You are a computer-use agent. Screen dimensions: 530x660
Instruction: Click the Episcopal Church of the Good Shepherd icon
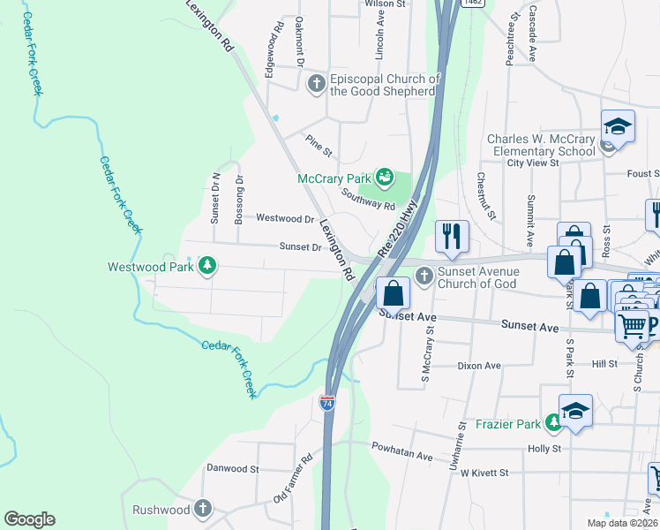click(316, 84)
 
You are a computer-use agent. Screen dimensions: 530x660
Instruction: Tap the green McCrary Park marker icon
click(385, 178)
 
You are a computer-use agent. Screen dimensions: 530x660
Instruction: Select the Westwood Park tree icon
click(207, 266)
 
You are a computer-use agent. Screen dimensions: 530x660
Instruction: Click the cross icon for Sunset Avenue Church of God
click(424, 277)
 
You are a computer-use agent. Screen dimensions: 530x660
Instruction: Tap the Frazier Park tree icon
click(553, 424)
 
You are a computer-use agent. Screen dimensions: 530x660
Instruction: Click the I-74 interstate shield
click(326, 402)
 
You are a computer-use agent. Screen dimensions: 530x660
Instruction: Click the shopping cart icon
click(631, 326)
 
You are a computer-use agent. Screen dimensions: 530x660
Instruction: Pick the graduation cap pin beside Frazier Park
click(575, 411)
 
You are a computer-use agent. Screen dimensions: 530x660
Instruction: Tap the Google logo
click(29, 519)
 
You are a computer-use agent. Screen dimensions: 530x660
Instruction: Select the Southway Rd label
click(368, 200)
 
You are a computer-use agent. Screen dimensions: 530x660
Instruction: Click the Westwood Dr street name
click(285, 218)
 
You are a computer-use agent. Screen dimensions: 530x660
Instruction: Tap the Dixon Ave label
click(479, 366)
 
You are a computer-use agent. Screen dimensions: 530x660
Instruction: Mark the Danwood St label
click(232, 468)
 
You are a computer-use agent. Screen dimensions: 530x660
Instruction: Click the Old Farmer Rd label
click(294, 480)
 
